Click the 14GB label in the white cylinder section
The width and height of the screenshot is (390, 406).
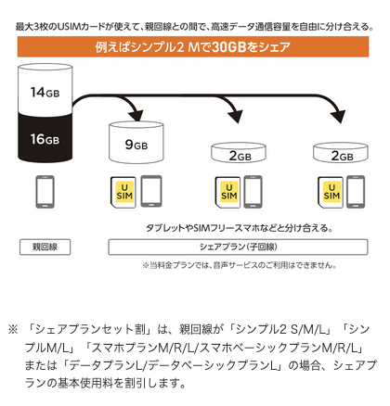coord(45,92)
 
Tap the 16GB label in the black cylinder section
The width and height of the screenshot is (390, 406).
coord(45,139)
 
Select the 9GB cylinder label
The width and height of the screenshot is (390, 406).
coord(136,145)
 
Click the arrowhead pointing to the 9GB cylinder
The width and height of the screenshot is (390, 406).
coord(136,115)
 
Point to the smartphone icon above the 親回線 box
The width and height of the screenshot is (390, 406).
coord(45,192)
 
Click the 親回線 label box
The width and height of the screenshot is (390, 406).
coord(45,247)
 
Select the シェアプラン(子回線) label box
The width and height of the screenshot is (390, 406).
coord(238,247)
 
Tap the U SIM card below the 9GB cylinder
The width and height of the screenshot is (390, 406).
coord(123,192)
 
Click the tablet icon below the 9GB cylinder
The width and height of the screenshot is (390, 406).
coord(151,191)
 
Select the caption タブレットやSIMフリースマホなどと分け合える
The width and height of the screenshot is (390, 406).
coord(240,228)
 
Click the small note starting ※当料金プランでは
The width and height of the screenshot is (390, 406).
coord(240,265)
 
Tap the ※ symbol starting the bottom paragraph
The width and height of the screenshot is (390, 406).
coord(13,329)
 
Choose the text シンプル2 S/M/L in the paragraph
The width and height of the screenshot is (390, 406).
coord(281,329)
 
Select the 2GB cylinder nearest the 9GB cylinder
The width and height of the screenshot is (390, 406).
coord(239,152)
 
